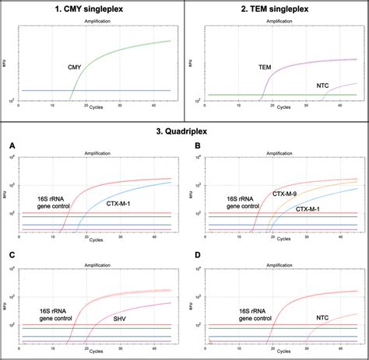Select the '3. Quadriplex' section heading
click(x=184, y=131)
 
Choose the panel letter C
click(x=12, y=255)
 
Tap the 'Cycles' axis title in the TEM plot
click(x=272, y=105)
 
